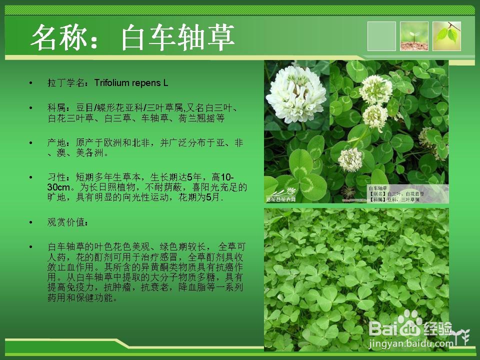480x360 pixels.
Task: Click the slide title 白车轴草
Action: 177,37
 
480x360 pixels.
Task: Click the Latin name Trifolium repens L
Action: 131,82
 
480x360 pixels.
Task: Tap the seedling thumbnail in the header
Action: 414,36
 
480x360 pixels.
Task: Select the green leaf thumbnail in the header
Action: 446,36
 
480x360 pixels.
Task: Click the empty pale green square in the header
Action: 381,36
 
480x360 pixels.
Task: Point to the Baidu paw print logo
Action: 410,323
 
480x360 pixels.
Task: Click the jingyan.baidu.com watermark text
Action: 410,344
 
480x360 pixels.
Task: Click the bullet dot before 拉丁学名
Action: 31,83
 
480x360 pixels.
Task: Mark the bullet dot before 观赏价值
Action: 31,222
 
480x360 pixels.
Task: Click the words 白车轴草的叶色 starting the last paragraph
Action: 75,246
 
